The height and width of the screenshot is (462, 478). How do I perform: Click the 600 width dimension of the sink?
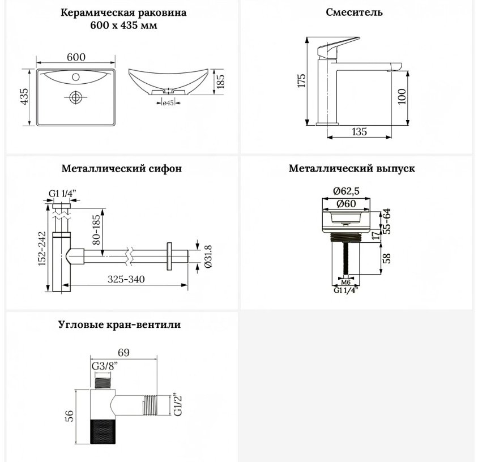pos(76,57)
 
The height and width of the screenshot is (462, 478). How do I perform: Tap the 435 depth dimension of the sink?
pos(24,96)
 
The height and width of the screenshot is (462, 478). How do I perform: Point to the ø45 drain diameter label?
pos(168,103)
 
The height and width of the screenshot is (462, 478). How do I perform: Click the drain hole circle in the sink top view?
pos(75,97)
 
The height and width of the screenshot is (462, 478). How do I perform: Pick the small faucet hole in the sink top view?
pos(76,76)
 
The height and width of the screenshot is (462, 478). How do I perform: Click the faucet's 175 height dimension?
pos(301,81)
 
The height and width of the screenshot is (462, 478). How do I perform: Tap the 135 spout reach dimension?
pos(359,132)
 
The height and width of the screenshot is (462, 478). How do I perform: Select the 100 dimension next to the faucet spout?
pos(402,96)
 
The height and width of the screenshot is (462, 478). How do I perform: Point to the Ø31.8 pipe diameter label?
pos(209,256)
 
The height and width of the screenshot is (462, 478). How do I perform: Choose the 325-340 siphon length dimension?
pos(126,279)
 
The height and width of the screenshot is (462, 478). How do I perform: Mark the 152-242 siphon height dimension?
pos(42,249)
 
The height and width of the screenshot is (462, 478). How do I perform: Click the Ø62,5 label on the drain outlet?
pos(346,191)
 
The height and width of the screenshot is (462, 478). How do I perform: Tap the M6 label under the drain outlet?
pos(345,283)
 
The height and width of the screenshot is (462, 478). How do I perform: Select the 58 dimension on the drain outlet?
pos(386,258)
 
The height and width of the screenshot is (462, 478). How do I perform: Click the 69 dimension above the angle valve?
pos(123,353)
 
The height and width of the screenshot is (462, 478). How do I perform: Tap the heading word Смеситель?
pos(354,12)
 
